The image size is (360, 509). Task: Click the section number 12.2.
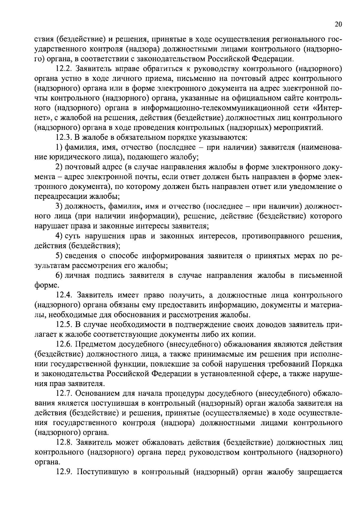click(x=64, y=69)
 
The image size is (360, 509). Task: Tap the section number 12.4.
click(x=64, y=295)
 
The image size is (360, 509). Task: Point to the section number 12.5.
click(x=64, y=325)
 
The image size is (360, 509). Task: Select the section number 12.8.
click(x=64, y=442)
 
